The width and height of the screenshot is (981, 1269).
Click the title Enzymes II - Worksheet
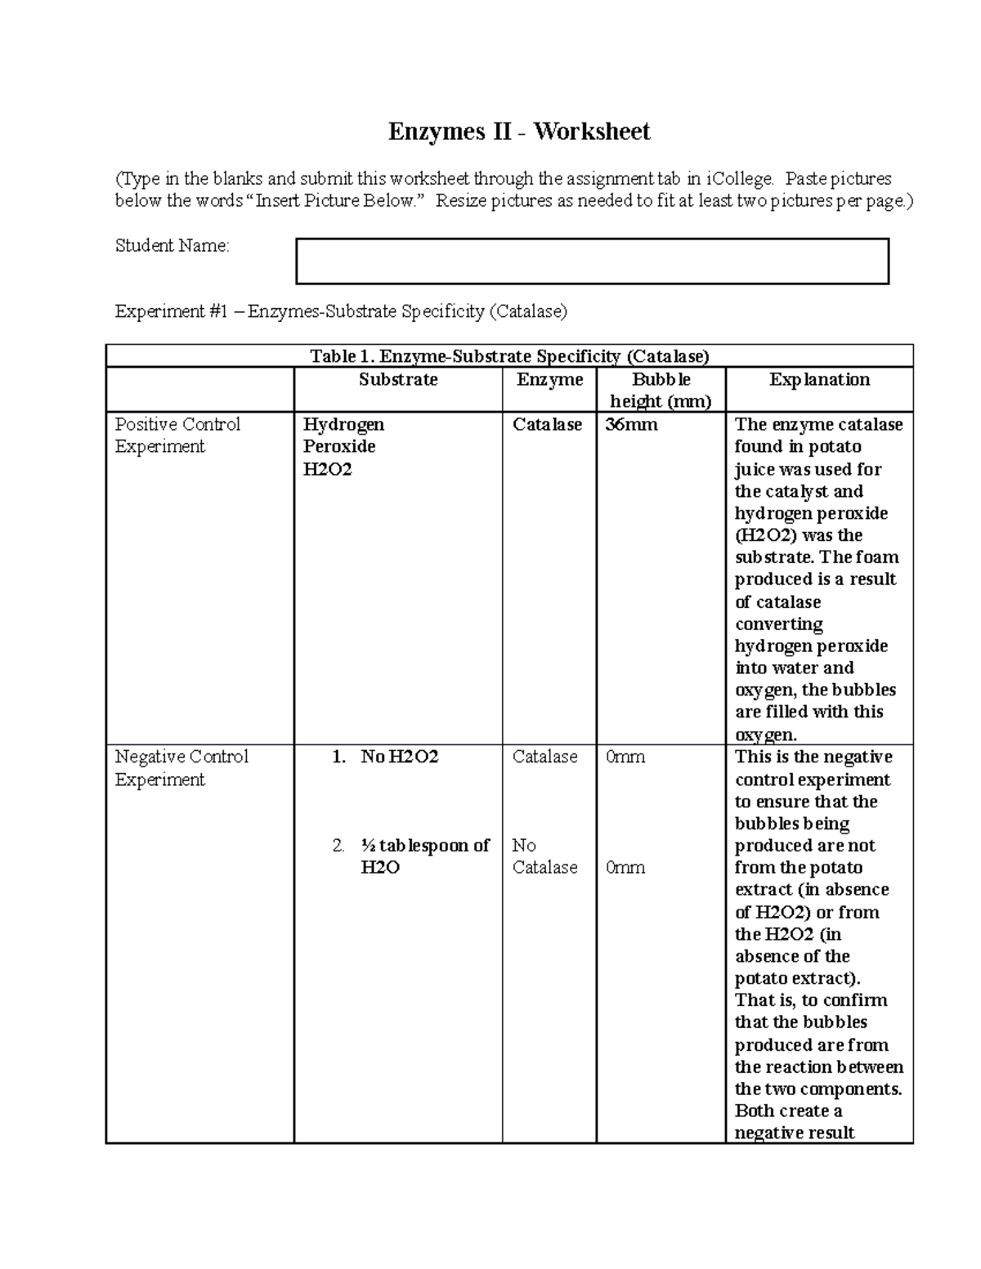coord(518,132)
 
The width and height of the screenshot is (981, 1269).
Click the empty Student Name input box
coord(592,261)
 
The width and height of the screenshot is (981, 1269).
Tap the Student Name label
coord(172,246)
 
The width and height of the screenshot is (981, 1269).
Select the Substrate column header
coord(398,380)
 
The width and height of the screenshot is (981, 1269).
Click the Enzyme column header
coord(549,380)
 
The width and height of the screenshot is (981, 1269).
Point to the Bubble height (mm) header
coord(661,391)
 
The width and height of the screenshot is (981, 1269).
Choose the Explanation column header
coord(819,380)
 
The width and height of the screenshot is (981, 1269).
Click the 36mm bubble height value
coord(631,425)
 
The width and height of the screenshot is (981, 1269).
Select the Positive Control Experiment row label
coord(177,436)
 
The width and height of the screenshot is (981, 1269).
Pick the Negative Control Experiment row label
coord(181,768)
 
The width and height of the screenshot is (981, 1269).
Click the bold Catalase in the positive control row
coord(547,425)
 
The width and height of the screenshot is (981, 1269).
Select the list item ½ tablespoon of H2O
coord(424,856)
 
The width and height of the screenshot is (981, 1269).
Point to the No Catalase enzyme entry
coord(544,856)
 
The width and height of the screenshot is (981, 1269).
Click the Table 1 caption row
coord(509,356)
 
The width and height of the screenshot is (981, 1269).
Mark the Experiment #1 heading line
coord(341,311)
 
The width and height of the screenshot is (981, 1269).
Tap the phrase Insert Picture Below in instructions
coord(335,201)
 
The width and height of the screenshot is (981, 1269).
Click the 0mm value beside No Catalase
coord(625,868)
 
